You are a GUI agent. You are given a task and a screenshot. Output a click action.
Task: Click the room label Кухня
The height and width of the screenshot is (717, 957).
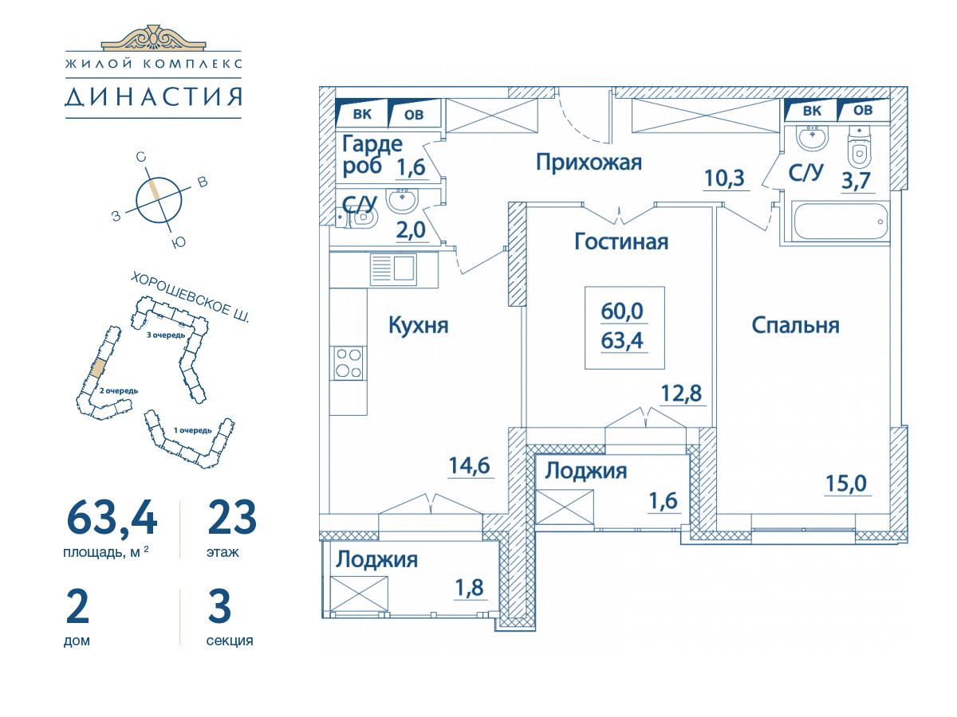click(x=419, y=325)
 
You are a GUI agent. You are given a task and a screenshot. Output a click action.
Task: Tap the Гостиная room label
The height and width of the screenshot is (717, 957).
click(x=620, y=241)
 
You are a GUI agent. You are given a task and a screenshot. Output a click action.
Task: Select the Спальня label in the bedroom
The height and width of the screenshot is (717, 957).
click(x=795, y=325)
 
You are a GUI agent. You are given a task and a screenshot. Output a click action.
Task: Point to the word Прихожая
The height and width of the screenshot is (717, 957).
click(x=589, y=163)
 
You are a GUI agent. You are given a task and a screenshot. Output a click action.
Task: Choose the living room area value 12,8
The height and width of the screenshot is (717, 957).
click(x=683, y=393)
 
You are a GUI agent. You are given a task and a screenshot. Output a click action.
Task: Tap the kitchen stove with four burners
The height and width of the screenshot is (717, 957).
click(x=348, y=362)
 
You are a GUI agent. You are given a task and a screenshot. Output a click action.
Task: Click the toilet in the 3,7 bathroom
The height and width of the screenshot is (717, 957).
click(x=860, y=149)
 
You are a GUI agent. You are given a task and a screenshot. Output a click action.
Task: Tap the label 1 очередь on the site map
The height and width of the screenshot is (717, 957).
click(x=191, y=430)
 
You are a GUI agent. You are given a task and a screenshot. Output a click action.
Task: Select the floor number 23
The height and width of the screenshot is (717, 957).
click(x=231, y=518)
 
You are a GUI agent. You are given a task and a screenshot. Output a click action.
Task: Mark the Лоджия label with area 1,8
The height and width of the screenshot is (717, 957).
click(x=376, y=559)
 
